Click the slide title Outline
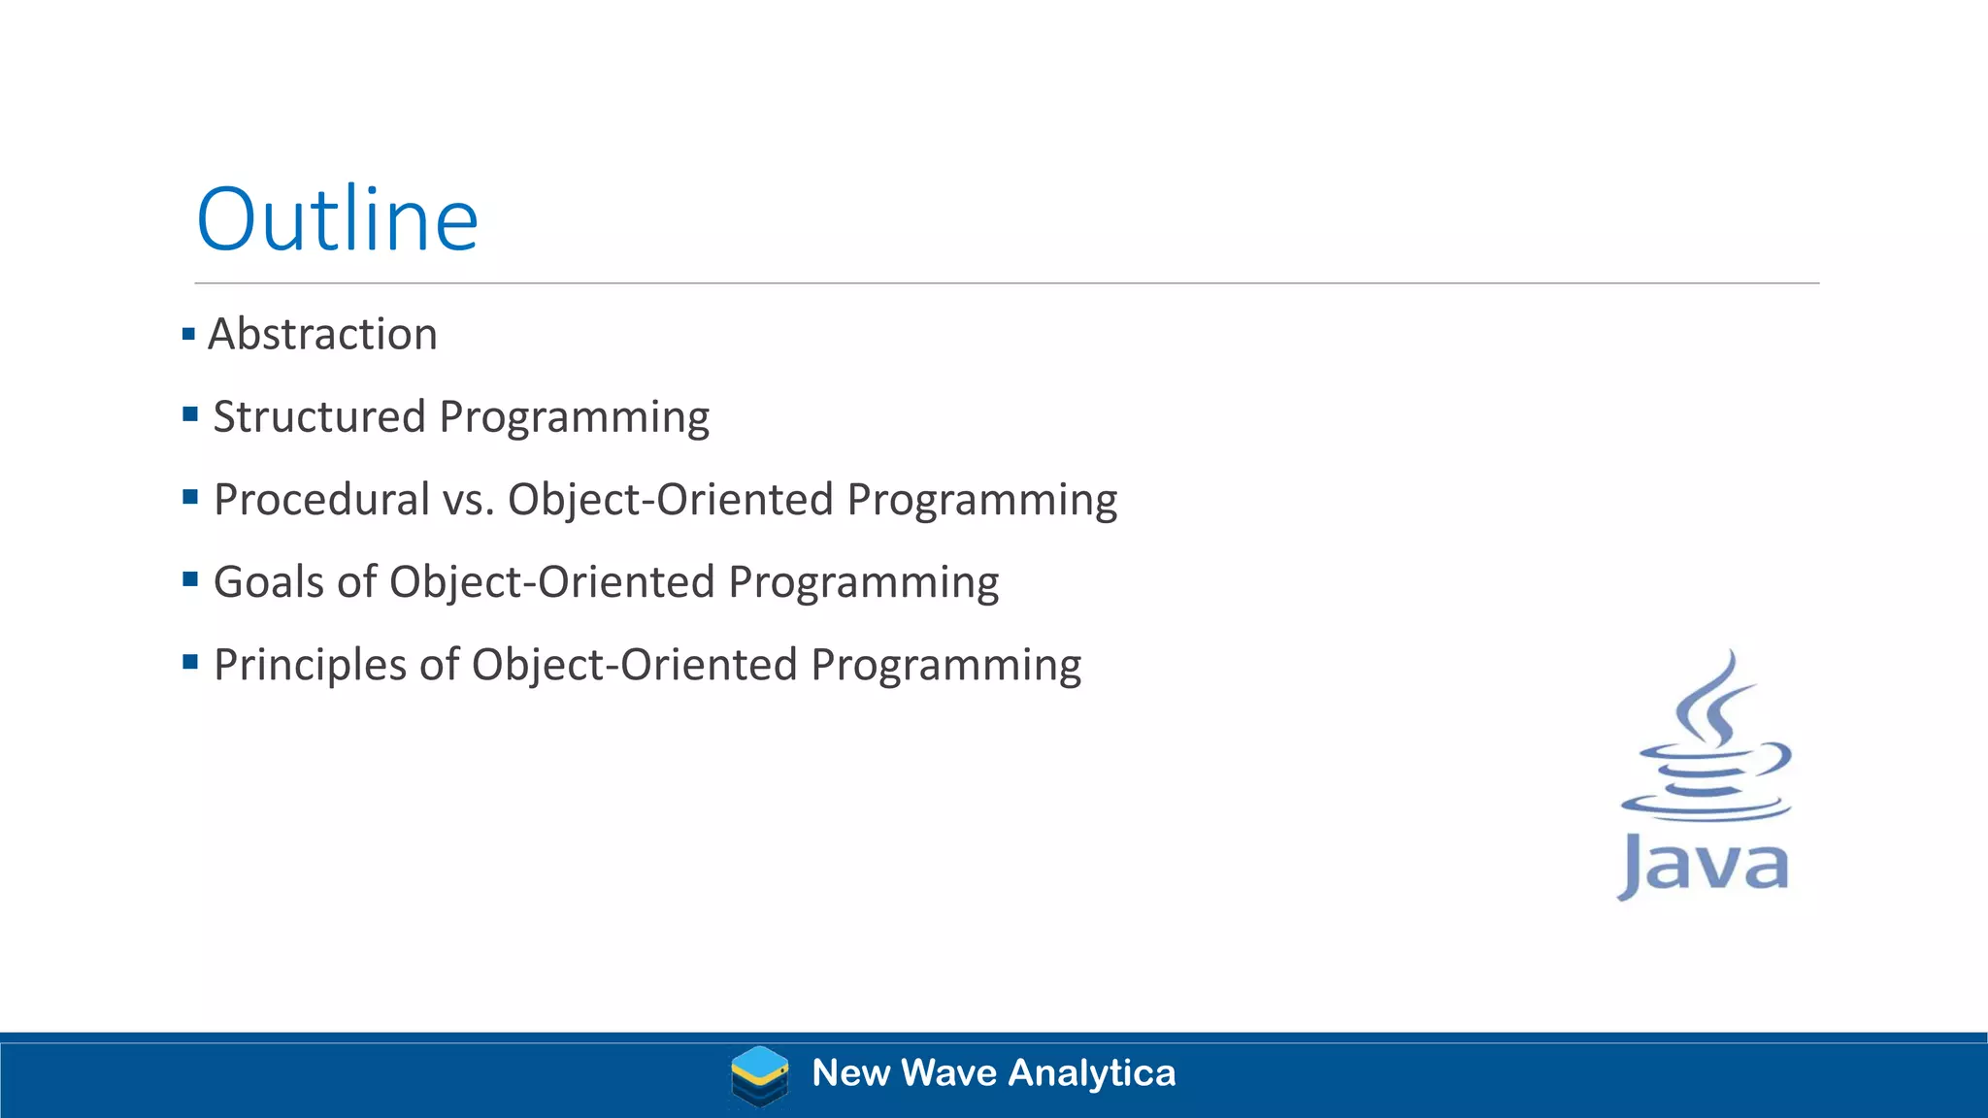tap(337, 219)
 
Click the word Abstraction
tap(322, 334)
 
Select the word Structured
tap(319, 416)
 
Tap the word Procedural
tap(321, 499)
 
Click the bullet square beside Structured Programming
tap(190, 415)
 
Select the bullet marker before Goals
tap(190, 580)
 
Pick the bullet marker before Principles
tap(190, 663)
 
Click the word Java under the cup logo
tap(1704, 864)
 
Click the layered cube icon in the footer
tap(759, 1075)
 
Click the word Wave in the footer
tap(948, 1073)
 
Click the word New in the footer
tap(850, 1073)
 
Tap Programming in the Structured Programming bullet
tap(574, 418)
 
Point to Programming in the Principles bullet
tap(945, 667)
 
